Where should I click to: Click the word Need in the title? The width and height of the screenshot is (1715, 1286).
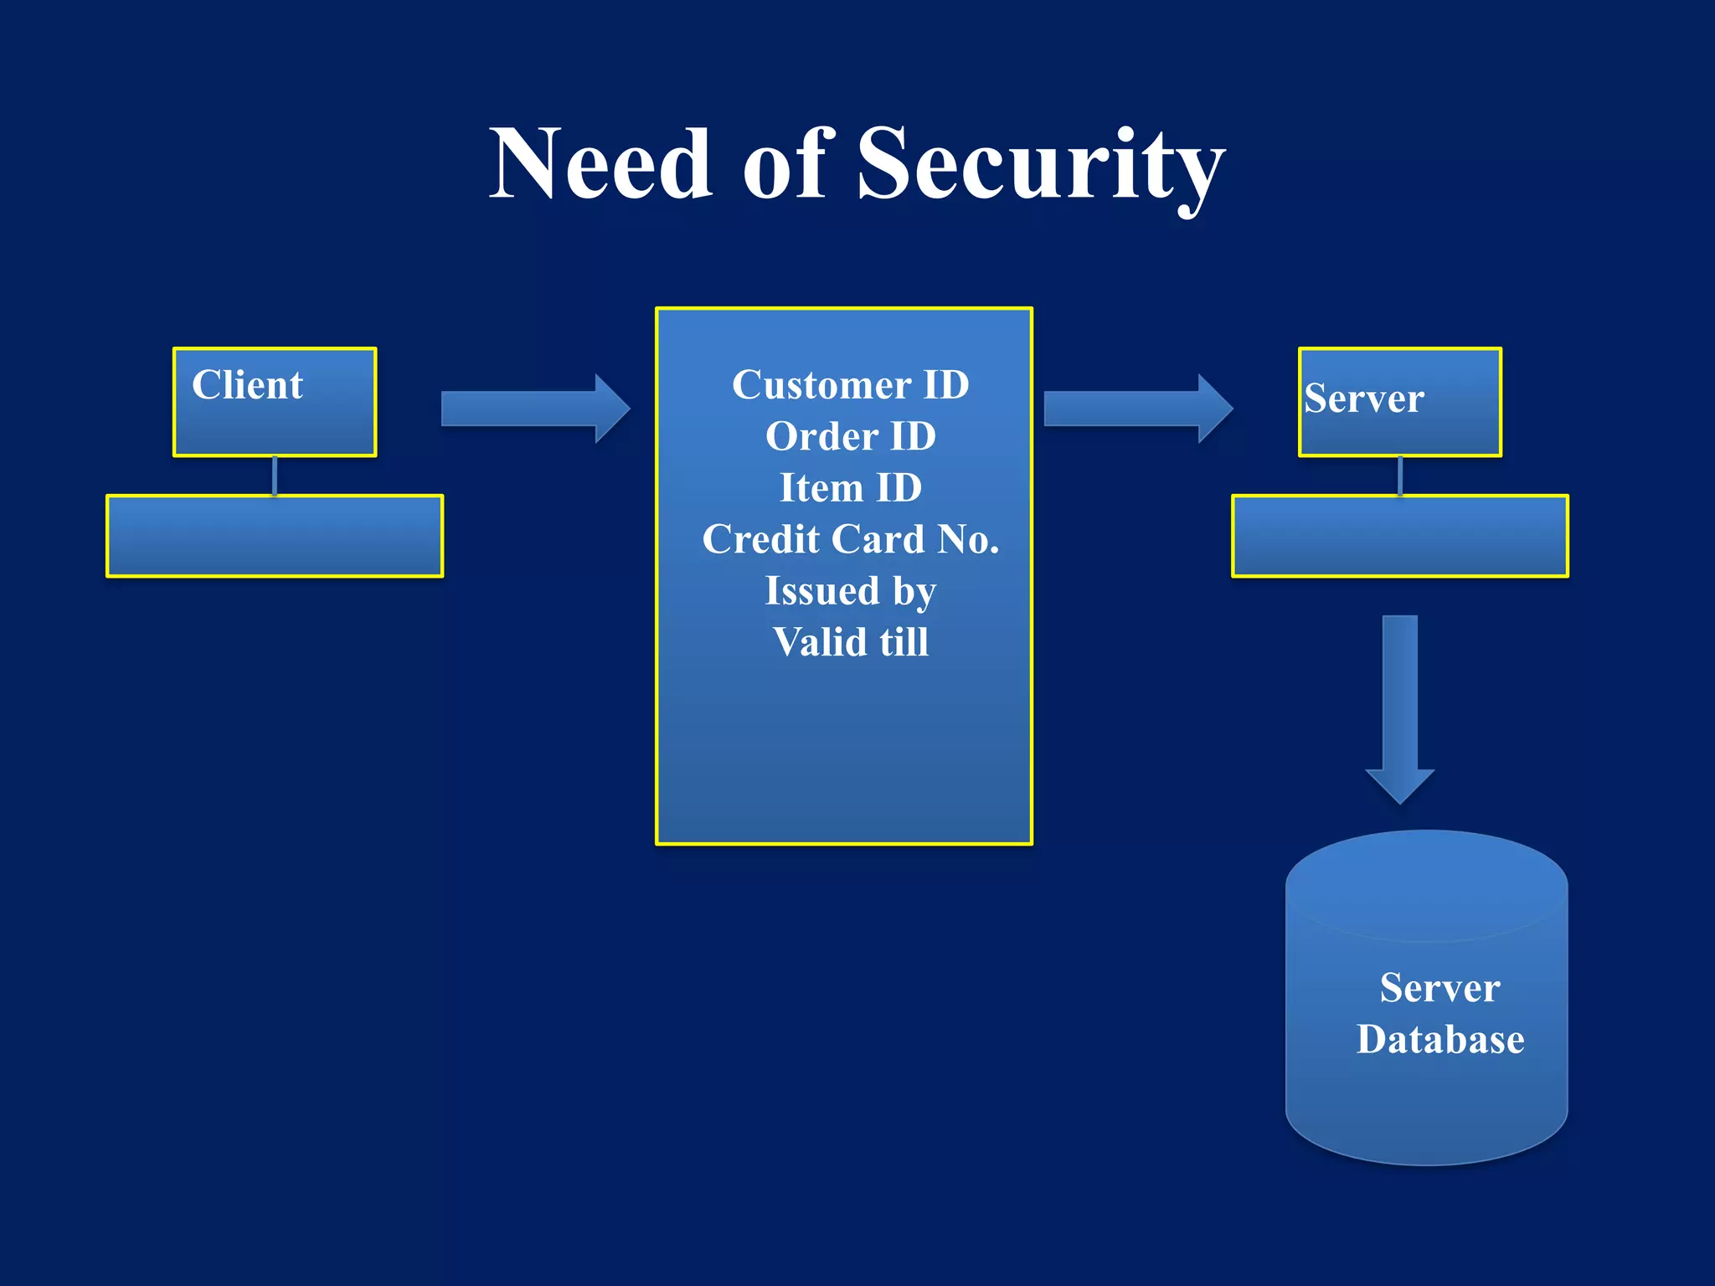coord(600,164)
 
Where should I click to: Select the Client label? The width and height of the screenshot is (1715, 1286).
coord(247,385)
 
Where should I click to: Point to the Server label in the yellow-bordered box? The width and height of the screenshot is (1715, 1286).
coord(1363,399)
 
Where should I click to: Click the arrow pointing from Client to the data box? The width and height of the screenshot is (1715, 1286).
coord(534,409)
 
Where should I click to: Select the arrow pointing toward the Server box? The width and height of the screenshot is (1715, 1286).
coord(1137,409)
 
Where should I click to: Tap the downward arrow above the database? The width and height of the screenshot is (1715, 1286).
coord(1400,708)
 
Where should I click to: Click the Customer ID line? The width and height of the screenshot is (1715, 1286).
coord(850,385)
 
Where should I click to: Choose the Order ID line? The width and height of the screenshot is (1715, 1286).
coord(850,436)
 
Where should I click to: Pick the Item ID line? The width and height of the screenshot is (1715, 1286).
coord(850,488)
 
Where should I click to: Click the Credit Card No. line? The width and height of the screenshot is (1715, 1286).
coord(850,539)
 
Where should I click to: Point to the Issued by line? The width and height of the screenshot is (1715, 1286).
coord(850,591)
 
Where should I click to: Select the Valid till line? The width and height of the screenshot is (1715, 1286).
coord(850,642)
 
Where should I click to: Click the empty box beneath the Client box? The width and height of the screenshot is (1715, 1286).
coord(275,536)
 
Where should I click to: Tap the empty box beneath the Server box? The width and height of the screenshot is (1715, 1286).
coord(1400,536)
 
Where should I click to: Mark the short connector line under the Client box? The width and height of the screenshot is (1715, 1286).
coord(275,476)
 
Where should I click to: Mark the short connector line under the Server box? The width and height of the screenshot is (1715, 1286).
coord(1400,476)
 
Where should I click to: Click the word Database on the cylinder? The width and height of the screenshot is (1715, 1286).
coord(1440,1040)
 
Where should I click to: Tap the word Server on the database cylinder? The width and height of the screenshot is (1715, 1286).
coord(1440,988)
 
